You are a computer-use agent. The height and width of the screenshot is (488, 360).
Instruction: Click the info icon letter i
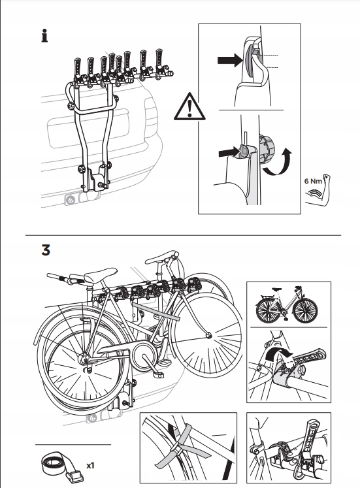click(44, 36)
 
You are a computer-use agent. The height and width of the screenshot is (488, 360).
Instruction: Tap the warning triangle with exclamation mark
click(189, 106)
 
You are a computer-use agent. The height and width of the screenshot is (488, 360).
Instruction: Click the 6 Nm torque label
click(313, 181)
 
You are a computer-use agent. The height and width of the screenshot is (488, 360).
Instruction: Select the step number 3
click(46, 250)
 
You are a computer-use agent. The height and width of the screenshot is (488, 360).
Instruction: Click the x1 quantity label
click(90, 466)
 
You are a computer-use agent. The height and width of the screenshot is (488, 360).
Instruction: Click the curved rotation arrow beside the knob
click(278, 162)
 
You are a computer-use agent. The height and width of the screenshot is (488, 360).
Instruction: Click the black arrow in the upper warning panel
click(230, 59)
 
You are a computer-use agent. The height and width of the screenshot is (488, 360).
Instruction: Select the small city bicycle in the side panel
click(286, 304)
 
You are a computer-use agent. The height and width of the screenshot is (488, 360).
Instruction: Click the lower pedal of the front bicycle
click(158, 375)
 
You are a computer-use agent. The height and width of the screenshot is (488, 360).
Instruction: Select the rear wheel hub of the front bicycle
click(85, 360)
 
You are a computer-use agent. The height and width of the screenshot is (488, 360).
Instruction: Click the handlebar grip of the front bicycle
click(56, 276)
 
